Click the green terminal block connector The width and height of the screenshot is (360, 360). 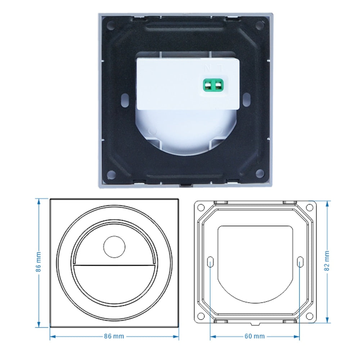pyautogui.click(x=213, y=86)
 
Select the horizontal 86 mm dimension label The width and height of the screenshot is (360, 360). pyautogui.click(x=114, y=336)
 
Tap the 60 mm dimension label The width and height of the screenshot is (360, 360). pyautogui.click(x=255, y=336)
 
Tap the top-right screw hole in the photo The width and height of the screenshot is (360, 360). pyautogui.click(x=259, y=26)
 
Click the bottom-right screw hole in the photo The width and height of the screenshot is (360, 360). pyautogui.click(x=259, y=174)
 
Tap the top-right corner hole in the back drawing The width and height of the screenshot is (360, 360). pyautogui.click(x=309, y=208)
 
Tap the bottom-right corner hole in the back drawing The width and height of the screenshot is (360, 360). pyautogui.click(x=309, y=316)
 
